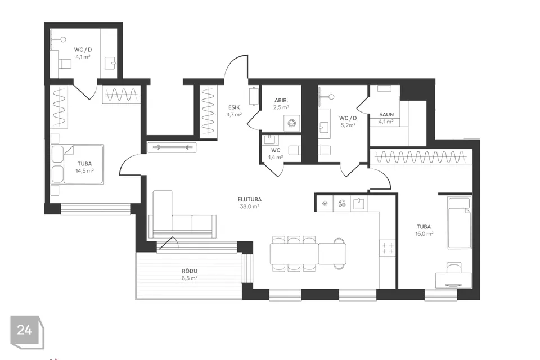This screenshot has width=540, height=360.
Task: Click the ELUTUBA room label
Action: coord(249,199)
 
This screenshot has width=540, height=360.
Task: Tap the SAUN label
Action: coord(386,114)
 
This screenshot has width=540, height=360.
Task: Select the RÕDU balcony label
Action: coord(190,271)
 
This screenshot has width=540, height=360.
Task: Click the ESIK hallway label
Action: coord(234,107)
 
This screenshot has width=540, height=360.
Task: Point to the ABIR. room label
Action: coord(281,100)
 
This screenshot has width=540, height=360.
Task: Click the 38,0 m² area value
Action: coord(249,206)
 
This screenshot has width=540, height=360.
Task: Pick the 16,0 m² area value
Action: coord(424,233)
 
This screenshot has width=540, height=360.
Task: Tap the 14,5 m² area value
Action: coord(85,170)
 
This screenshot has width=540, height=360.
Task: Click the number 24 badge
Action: coord(24,330)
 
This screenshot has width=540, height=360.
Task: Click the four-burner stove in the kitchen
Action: coord(388,248)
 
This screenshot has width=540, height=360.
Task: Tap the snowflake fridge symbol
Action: coord(325,204)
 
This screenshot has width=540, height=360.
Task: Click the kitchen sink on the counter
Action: coord(359,204)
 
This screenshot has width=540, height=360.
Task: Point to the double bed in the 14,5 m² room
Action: coord(77,164)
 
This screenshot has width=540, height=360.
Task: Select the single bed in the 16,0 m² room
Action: coord(459,222)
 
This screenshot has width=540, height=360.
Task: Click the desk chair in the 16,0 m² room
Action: coord(453,268)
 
